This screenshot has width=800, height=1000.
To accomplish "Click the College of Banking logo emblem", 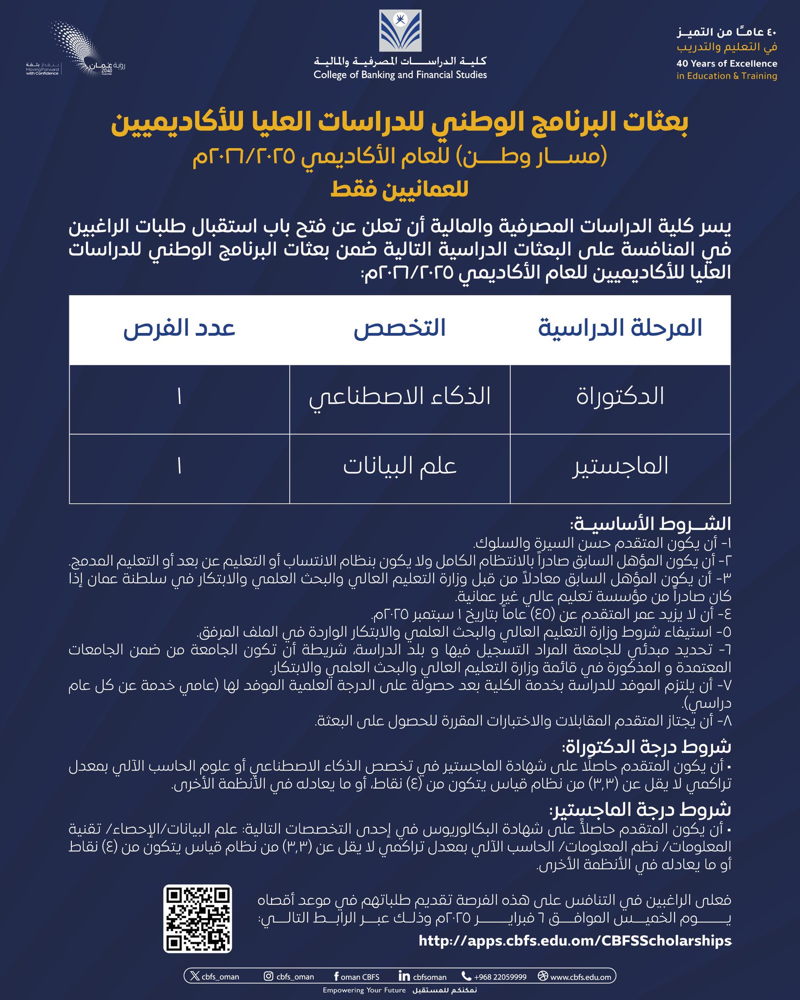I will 400,30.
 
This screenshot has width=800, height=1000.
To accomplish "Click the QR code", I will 197,918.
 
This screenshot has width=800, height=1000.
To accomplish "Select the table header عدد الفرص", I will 179,329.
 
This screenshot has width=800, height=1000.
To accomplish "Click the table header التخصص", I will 400,329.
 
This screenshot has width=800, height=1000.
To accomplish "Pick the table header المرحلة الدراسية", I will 620,329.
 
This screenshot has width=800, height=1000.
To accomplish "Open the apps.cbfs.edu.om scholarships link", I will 575,940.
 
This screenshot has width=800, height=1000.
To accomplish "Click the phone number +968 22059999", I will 494,977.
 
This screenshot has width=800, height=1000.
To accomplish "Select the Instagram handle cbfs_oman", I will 289,977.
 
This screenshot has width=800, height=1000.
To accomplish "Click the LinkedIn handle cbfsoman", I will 423,977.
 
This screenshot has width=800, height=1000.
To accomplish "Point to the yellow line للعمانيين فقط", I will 400,189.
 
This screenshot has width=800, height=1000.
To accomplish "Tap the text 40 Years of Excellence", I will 726,63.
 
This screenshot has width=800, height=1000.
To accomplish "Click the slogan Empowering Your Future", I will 364,990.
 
